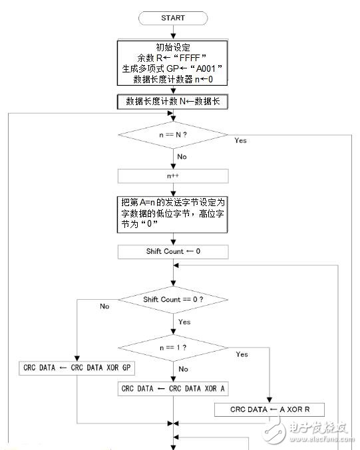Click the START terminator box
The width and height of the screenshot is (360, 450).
click(172, 18)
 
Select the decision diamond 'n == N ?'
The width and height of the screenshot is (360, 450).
click(172, 135)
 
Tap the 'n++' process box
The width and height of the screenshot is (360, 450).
click(172, 176)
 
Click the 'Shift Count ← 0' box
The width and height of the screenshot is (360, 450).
click(172, 253)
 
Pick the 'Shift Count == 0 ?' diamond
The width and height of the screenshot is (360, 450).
click(172, 300)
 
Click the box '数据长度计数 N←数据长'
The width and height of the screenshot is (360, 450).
click(172, 102)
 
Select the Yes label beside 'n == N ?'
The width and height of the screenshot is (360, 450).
click(240, 141)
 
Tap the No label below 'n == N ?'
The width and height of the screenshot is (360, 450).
click(181, 157)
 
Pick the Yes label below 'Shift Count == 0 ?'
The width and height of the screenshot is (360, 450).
click(184, 322)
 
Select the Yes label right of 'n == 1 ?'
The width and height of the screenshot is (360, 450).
click(242, 354)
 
